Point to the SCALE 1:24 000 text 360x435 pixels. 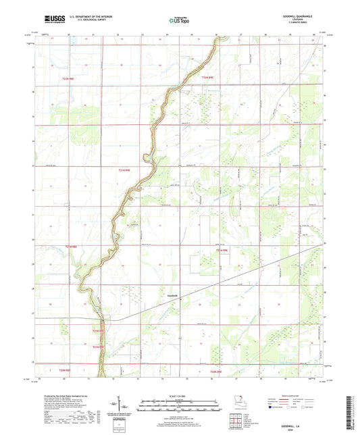[x=179, y=396]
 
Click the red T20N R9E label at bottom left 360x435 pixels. [x=64, y=371]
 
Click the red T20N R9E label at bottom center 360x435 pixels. [x=215, y=372]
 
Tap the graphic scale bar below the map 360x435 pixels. [x=179, y=408]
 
